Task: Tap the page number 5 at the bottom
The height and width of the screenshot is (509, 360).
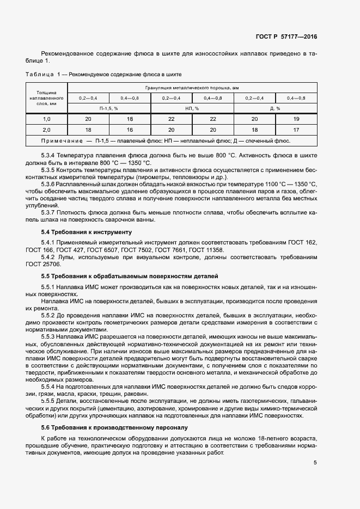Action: point(315,463)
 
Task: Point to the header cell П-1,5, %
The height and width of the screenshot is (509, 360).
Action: point(108,108)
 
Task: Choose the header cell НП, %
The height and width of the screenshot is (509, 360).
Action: point(192,108)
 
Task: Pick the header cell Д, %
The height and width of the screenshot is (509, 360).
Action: point(275,108)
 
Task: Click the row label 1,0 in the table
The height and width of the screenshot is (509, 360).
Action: point(47,119)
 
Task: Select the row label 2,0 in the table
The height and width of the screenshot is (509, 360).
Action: point(47,130)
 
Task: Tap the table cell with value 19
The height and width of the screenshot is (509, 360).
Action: point(296,119)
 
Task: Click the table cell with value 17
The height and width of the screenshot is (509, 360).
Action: point(296,130)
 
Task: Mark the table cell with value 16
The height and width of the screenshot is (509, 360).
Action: point(130,130)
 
